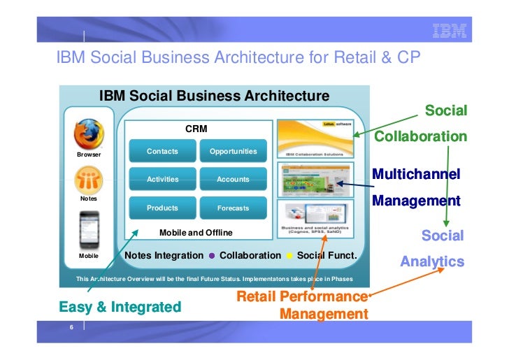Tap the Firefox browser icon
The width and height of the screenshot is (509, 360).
coord(89,133)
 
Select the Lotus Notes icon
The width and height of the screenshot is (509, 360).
coord(89,180)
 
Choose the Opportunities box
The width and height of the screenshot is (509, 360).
coord(233,151)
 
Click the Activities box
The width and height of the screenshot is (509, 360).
coord(162,179)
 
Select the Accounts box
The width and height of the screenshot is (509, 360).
coord(233,179)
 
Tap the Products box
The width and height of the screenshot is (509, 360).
coord(162,208)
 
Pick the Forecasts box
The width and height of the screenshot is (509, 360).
coord(233,208)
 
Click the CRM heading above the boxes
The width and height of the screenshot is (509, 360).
coord(196,129)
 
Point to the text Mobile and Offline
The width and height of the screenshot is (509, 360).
coord(196,232)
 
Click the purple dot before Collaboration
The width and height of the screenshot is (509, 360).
coord(212,256)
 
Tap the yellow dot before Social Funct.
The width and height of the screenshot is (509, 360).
coord(289,256)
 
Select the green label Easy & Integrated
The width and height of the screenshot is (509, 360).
coord(120,307)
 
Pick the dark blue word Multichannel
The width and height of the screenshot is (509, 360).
coord(416,173)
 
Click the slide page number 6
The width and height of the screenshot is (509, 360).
coord(71,328)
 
